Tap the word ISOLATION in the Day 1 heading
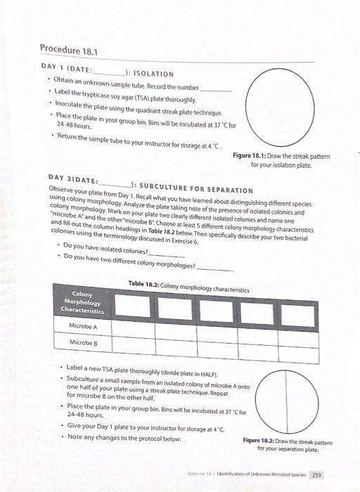[152, 73]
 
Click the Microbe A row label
[83, 327]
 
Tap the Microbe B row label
[83, 342]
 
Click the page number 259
[316, 474]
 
